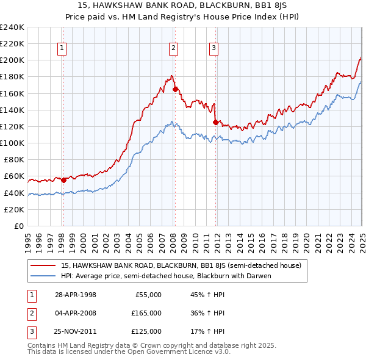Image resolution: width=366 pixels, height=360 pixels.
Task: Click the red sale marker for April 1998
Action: pos(63,180)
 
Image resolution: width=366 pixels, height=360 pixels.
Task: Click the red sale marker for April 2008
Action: pos(175,89)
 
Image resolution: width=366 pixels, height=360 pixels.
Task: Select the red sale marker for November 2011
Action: pos(215,122)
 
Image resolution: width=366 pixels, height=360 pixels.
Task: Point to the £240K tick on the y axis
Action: pos(12,27)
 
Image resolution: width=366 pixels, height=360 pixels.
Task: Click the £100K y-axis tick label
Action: pos(12,143)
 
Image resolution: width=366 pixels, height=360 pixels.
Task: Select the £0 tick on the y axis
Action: pos(18,226)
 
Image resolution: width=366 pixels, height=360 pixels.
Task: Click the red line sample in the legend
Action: pos(44,265)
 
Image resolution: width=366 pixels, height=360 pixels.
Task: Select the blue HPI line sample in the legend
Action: pos(44,276)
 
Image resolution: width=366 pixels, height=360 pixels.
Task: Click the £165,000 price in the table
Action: pos(147,313)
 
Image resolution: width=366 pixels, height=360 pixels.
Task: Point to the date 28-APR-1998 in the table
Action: pos(76,295)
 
